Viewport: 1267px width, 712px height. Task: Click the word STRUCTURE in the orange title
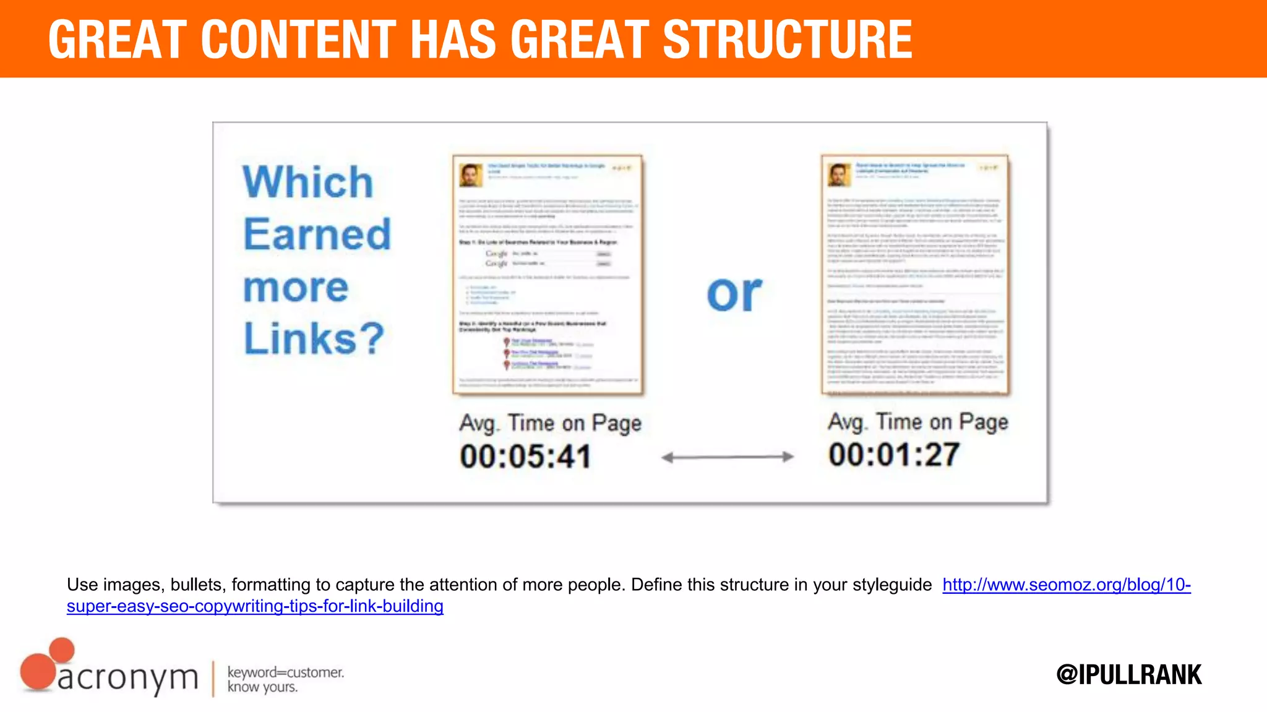tap(788, 40)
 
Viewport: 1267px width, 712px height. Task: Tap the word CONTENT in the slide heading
tap(298, 40)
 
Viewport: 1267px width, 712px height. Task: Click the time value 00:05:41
tap(525, 457)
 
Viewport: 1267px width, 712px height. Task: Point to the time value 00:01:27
tap(894, 455)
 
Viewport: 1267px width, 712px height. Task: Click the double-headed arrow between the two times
tap(727, 457)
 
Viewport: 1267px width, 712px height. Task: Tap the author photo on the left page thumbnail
tap(470, 175)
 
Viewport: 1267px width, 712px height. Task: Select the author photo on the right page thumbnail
tap(839, 175)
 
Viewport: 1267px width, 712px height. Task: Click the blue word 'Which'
tap(308, 182)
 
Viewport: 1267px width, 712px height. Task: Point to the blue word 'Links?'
tap(314, 338)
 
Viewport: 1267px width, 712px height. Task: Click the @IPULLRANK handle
tap(1129, 674)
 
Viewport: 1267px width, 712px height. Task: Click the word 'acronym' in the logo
tap(128, 678)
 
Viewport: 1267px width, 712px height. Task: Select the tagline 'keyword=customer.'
tap(286, 672)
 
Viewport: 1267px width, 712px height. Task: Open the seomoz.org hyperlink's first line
tap(1067, 585)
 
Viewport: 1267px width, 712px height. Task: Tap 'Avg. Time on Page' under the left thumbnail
tap(550, 423)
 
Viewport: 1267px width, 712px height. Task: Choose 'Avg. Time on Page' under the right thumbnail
tap(918, 422)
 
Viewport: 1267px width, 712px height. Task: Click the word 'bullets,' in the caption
tap(198, 585)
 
